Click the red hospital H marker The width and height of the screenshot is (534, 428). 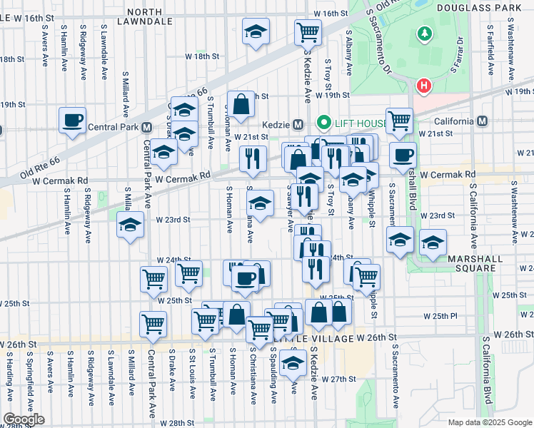click(x=424, y=86)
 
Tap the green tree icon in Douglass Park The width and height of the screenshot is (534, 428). click(x=425, y=34)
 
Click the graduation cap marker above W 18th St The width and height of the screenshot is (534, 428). click(x=254, y=32)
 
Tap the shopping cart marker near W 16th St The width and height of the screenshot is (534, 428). click(x=308, y=31)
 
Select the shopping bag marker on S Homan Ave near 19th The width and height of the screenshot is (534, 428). click(x=241, y=103)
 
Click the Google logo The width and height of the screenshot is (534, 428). click(x=23, y=419)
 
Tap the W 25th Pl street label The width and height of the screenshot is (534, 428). click(x=445, y=315)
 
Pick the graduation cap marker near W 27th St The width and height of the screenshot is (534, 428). click(x=292, y=364)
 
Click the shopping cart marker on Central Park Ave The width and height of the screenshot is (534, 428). click(x=154, y=324)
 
